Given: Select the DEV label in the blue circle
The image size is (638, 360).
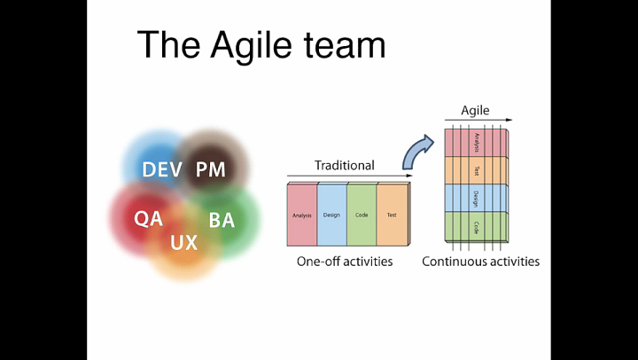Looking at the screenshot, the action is tap(162, 169).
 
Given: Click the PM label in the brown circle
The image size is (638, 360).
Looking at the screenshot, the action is tap(211, 169).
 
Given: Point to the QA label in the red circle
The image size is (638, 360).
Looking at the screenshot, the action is tap(148, 218).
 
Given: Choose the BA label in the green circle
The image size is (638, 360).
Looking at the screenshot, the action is tap(222, 220).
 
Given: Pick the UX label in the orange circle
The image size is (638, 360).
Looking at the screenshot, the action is tap(184, 242).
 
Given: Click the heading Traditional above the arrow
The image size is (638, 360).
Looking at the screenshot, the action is tap(345, 165).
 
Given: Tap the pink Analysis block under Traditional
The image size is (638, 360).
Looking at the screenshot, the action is tap(302, 215).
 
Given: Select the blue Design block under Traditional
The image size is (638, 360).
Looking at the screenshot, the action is tap(331, 215).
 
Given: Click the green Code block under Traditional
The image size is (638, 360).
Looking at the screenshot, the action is tap(362, 215).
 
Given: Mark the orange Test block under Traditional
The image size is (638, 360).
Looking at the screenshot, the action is tap(391, 215).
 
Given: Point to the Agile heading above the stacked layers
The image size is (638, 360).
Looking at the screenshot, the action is tap(475, 112).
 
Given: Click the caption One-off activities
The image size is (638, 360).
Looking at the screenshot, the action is tap(345, 262).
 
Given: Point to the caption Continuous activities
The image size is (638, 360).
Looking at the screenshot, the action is tap(480, 262).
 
